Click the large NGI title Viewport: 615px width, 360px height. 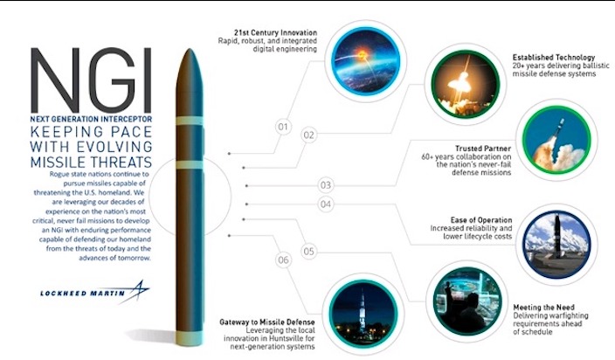tap(92, 80)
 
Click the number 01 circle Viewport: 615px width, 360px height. tap(283, 127)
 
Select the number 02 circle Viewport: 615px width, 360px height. tap(308, 135)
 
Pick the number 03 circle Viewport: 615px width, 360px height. tap(326, 185)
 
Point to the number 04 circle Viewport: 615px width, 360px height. tap(326, 204)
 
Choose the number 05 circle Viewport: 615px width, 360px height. tap(308, 252)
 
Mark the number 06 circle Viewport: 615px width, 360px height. tap(283, 260)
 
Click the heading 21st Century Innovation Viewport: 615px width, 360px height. tap(275, 32)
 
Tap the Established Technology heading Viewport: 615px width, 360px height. tap(554, 58)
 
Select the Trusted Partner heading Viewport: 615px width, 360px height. tap(483, 149)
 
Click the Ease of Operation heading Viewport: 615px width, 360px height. tap(481, 220)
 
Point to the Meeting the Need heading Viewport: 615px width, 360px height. tap(543, 308)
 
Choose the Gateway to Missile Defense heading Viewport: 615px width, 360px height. tap(267, 322)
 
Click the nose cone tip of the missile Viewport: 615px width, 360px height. tap(190, 49)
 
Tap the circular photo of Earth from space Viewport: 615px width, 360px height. tap(365, 61)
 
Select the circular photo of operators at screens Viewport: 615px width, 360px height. tap(467, 301)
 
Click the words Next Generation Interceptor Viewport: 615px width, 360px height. tap(91, 119)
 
